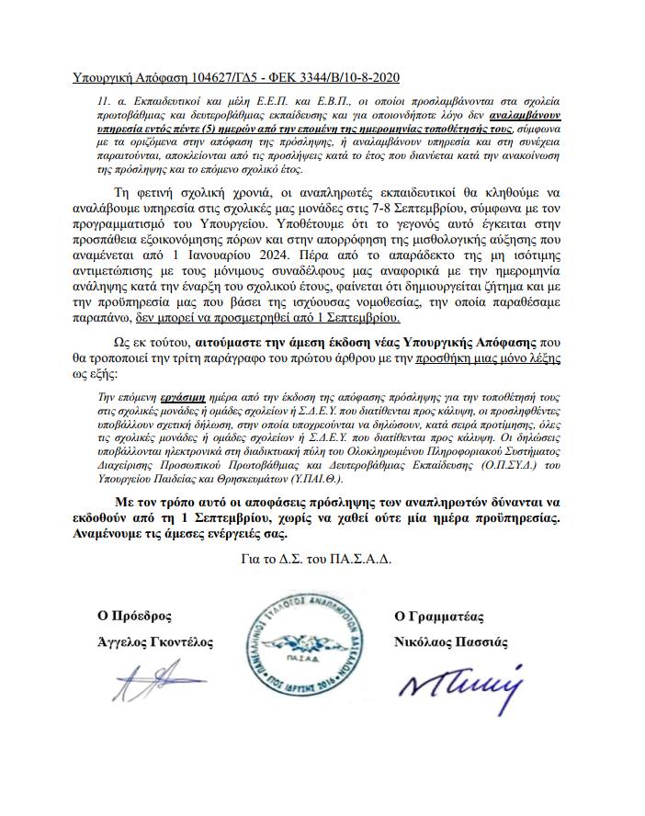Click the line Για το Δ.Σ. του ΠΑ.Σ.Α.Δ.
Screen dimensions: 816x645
(x=312, y=560)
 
